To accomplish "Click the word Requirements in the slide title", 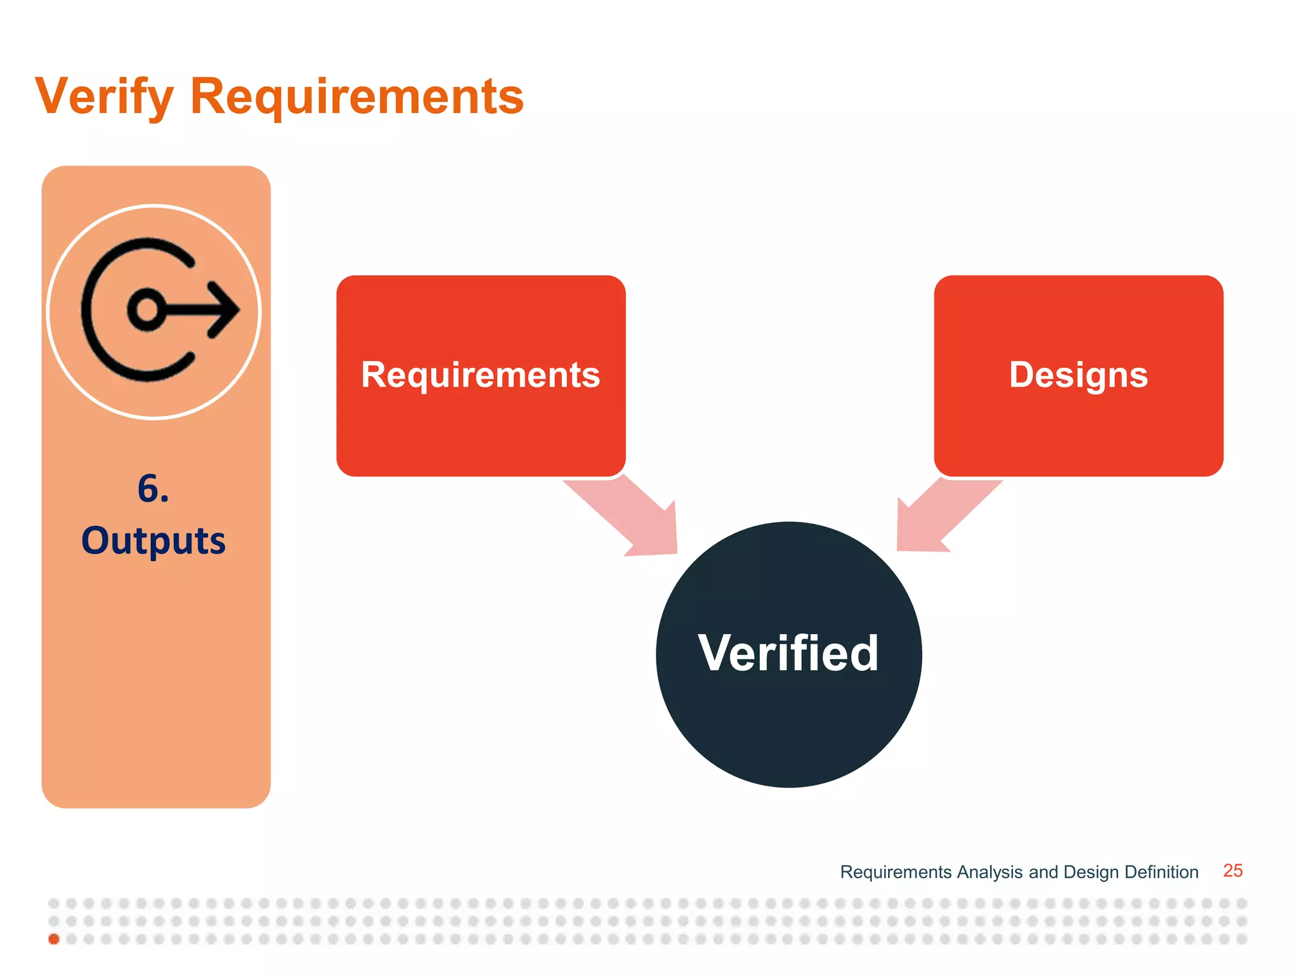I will point(357,96).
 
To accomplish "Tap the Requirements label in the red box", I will point(480,375).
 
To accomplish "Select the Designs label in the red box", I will point(1078,375).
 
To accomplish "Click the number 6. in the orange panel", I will point(153,489).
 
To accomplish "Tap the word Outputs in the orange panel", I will point(153,541).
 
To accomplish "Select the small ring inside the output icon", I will point(147,310).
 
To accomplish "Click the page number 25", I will point(1232,871).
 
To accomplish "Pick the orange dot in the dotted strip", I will point(54,939).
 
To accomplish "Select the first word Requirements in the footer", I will point(896,872).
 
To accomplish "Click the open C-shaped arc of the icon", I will point(89,310).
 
